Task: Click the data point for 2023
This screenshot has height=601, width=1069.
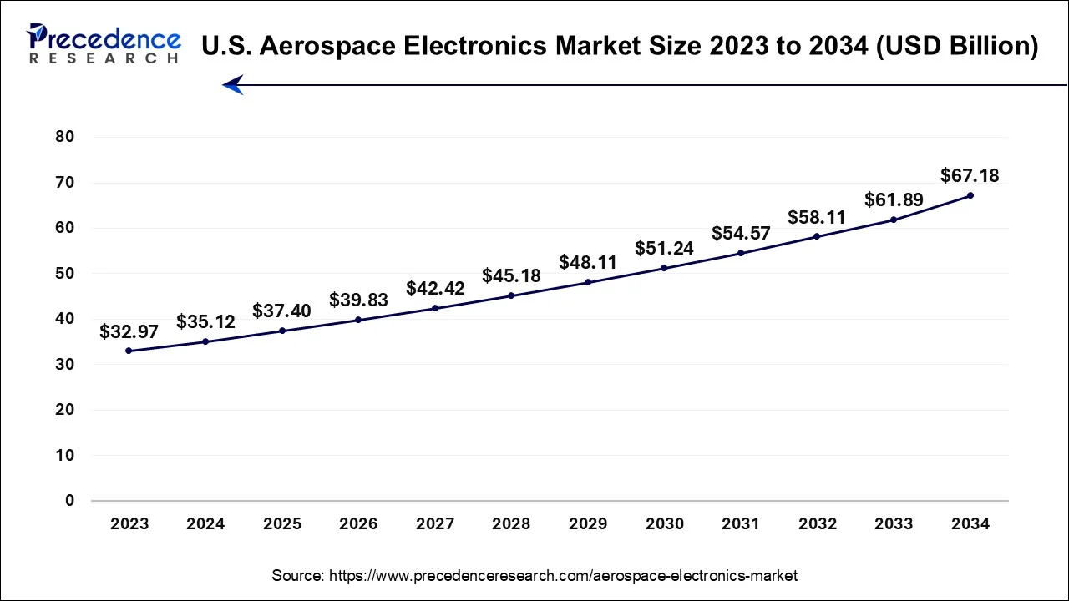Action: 129,351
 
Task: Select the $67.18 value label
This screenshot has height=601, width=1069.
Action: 970,175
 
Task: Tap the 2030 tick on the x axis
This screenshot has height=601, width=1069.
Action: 664,524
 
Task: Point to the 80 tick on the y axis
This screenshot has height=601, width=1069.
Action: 65,137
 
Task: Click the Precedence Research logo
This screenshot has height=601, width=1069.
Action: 104,43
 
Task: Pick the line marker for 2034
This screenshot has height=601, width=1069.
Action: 970,195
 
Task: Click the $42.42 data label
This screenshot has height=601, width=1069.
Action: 434,288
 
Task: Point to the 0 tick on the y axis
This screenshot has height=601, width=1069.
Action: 70,501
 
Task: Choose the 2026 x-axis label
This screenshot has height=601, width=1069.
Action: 358,524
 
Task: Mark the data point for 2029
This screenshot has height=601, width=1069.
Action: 588,282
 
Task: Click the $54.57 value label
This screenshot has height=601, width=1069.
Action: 741,233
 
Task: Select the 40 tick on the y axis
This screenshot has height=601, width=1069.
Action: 65,319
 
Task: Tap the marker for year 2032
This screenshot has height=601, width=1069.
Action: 817,236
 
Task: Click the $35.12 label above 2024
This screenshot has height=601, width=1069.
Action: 205,321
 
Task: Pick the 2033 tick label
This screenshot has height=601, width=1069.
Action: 894,524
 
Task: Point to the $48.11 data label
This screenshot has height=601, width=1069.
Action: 588,262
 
